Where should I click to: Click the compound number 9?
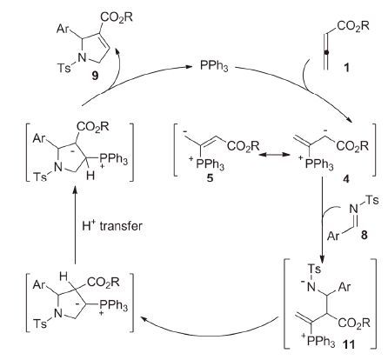click(95, 76)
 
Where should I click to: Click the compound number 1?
click(346, 68)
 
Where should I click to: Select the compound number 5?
click(210, 177)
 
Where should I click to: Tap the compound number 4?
click(346, 179)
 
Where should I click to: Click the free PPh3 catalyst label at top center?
click(214, 66)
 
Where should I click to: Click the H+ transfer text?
click(112, 226)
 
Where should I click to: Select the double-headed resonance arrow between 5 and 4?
click(275, 155)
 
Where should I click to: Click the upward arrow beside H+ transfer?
click(75, 225)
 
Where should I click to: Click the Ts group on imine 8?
click(372, 200)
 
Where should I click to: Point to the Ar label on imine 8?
click(333, 236)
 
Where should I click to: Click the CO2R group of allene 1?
click(353, 26)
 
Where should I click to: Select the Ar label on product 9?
click(63, 29)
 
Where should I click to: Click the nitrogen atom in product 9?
click(83, 58)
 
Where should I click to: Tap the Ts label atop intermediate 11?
click(314, 270)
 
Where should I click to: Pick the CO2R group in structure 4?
click(352, 146)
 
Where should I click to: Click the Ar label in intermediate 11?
click(345, 287)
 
